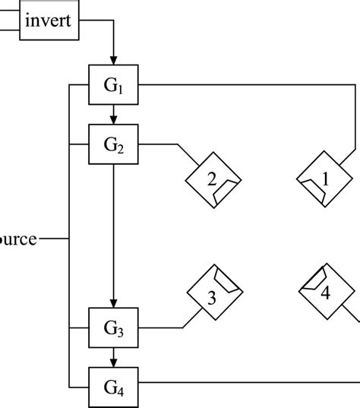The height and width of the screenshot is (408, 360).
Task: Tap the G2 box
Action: tap(113, 144)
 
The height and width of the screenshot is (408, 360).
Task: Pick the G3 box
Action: tap(113, 328)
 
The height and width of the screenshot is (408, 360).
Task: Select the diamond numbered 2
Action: tap(213, 180)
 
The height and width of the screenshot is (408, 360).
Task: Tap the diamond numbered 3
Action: tap(213, 296)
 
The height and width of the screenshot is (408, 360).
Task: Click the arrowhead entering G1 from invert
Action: tap(113, 59)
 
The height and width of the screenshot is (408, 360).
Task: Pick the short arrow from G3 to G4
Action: tap(113, 356)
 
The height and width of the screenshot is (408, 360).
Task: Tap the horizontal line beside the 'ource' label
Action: tap(53, 239)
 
